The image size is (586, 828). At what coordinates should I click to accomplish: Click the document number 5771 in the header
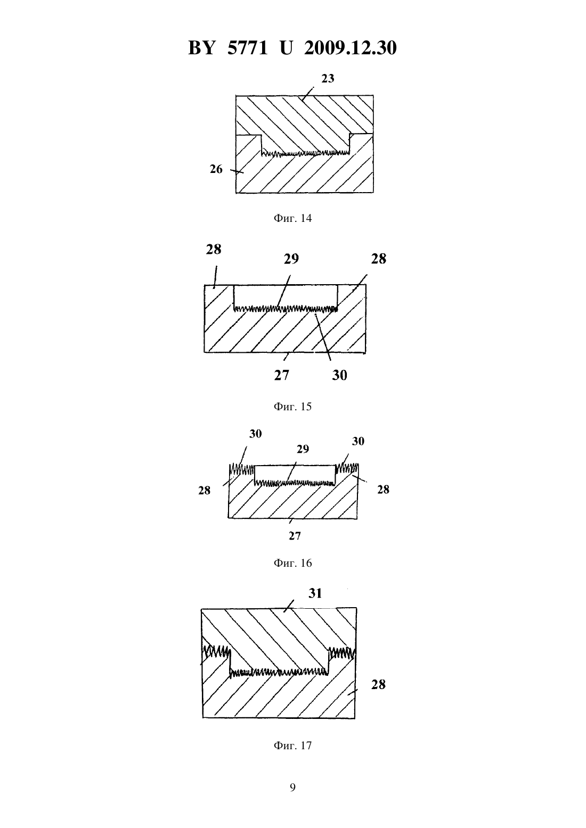coord(247,48)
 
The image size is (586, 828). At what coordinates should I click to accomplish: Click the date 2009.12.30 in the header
coord(351,48)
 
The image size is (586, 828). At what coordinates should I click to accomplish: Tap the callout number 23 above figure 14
coord(328,78)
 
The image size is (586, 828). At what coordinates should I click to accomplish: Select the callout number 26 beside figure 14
coord(216,169)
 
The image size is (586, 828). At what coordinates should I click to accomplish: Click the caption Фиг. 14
coord(292,218)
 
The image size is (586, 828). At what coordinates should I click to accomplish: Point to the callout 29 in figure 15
coord(291,259)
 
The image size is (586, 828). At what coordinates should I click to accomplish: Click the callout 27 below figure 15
coord(281,375)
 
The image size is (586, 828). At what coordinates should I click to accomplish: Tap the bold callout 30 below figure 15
coord(339,375)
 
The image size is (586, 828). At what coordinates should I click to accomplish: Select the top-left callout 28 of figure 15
coord(214,250)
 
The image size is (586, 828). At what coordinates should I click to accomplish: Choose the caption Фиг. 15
coord(292,407)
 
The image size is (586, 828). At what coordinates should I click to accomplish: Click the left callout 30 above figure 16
coord(255,434)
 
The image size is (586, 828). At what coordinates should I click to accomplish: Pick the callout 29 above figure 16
coord(303,449)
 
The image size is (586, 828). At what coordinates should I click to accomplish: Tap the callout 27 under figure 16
coord(295,536)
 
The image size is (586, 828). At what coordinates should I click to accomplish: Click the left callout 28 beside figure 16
coord(204,491)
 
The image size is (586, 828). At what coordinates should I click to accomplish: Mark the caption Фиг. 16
coord(292,563)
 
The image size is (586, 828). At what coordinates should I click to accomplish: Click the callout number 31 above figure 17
coord(315,593)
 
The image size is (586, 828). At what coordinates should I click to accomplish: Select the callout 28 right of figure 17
coord(378,684)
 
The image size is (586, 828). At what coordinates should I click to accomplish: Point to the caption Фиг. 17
coord(292,745)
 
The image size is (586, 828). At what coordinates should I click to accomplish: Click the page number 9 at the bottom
coord(292,788)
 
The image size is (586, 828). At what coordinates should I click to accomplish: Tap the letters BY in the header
coord(201,48)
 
